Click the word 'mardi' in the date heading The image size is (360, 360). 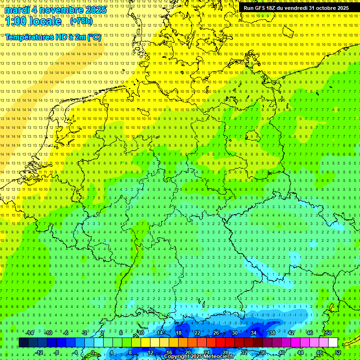[16, 10]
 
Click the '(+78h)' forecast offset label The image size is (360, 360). [81, 21]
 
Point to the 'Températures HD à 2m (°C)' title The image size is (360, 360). [53, 37]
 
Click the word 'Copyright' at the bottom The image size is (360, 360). [177, 357]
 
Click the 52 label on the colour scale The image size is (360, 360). [338, 352]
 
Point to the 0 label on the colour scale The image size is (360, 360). [93, 352]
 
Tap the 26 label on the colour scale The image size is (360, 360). [216, 333]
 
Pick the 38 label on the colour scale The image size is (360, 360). [272, 333]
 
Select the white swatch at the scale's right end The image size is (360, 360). [333, 343]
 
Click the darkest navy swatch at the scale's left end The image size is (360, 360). [23, 343]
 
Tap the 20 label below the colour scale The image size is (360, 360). [187, 352]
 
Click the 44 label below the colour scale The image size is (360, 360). [300, 352]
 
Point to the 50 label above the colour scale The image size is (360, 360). [328, 333]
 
